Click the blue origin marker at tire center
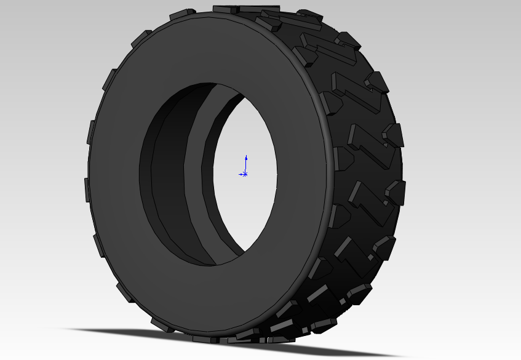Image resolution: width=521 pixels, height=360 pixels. tap(245, 174)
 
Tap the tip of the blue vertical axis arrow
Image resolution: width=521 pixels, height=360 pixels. tap(245, 156)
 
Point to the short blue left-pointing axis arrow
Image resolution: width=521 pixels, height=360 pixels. tap(241, 174)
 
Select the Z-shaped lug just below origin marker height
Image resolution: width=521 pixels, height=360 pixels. tap(369, 203)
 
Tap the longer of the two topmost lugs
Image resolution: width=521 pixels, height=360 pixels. tap(258, 9)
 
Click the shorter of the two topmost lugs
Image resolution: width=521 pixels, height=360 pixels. tap(225, 9)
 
